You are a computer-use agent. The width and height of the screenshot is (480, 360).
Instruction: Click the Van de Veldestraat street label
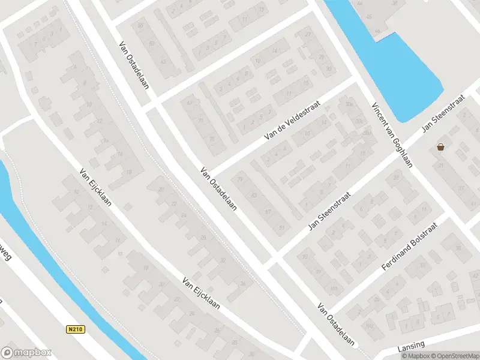pos(292,121)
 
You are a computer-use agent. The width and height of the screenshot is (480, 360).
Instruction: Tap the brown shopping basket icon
pos(441,147)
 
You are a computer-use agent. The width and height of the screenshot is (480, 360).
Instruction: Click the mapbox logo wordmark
pos(26,352)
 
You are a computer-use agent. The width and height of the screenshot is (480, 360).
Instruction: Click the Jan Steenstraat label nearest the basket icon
pos(443,113)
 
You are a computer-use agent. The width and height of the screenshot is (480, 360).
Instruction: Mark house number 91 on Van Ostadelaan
pos(281,227)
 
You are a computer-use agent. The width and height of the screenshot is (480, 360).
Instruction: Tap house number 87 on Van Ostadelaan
pos(268,211)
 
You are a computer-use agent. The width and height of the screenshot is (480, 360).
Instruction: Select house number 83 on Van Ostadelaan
pos(254,195)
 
